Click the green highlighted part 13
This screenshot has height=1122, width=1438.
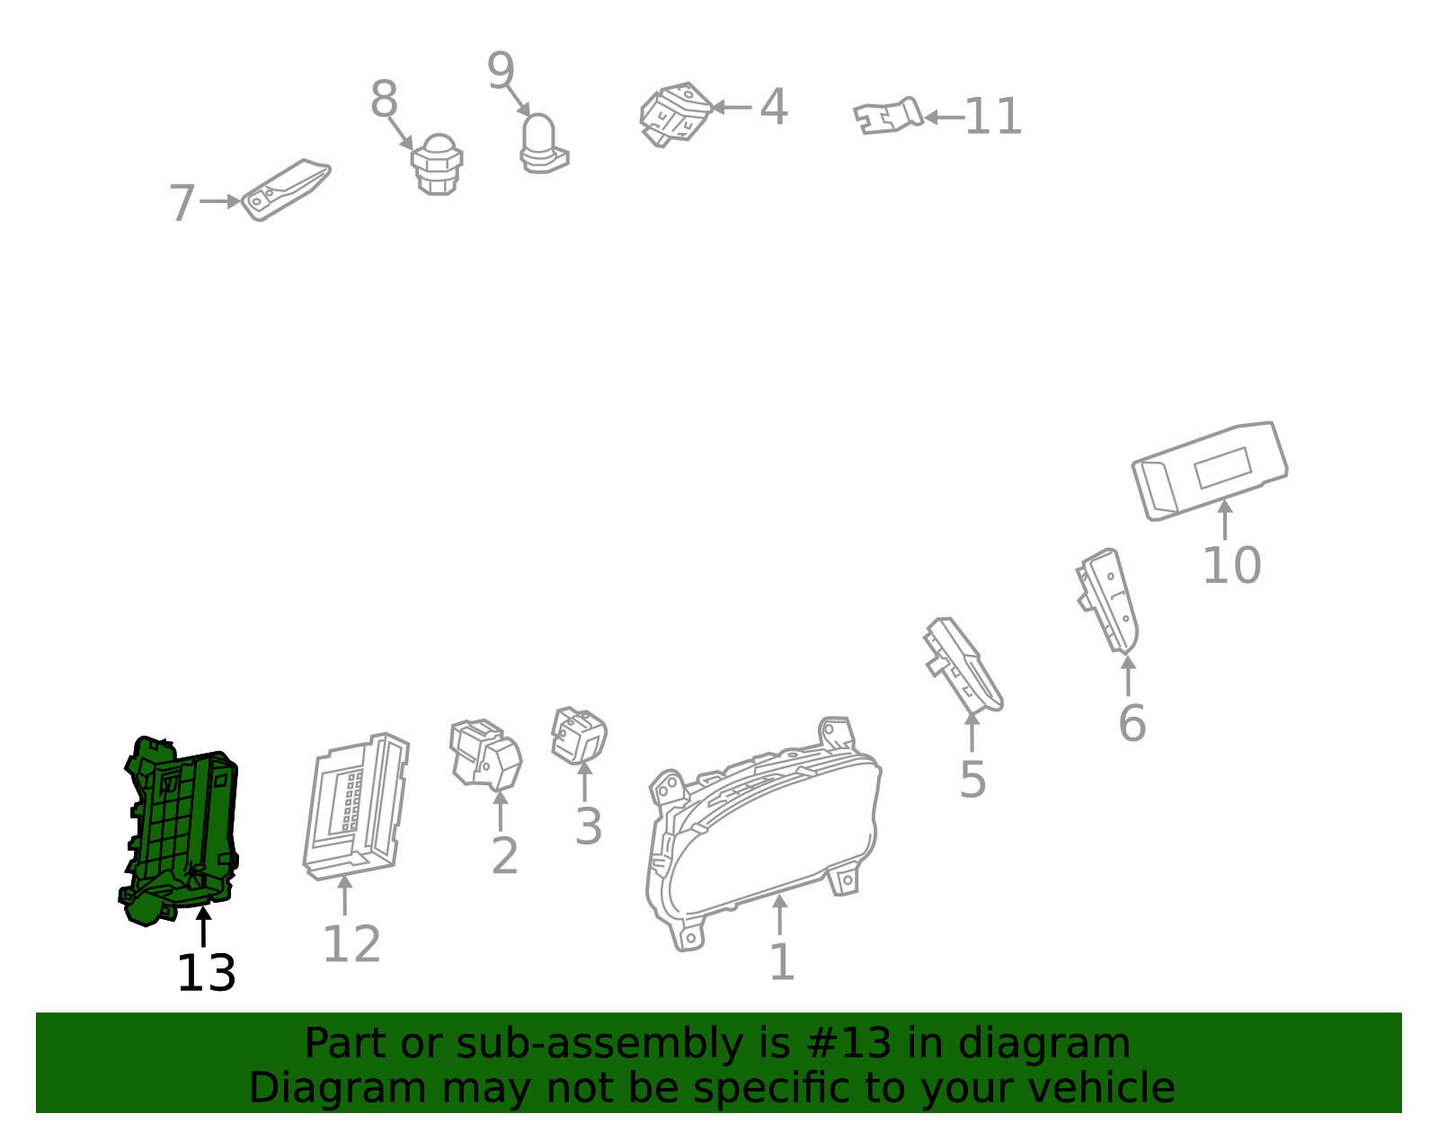pyautogui.click(x=180, y=830)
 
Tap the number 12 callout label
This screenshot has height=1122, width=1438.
pyautogui.click(x=351, y=944)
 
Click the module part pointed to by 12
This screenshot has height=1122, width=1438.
pyautogui.click(x=356, y=808)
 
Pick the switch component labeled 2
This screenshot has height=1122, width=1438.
pyautogui.click(x=485, y=755)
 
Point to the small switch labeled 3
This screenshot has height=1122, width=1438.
pyautogui.click(x=579, y=736)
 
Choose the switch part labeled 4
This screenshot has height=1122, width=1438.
pyautogui.click(x=675, y=114)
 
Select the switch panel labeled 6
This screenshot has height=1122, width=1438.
pyautogui.click(x=1108, y=601)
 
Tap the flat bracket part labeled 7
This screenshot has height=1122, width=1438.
pyautogui.click(x=285, y=190)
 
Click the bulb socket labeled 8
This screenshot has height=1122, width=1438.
pyautogui.click(x=437, y=164)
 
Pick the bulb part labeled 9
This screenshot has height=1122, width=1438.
pyautogui.click(x=543, y=144)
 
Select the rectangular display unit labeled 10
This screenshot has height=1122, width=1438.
pyautogui.click(x=1210, y=471)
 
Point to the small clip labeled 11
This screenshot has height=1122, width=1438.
pyautogui.click(x=887, y=116)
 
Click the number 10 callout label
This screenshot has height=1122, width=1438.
pyautogui.click(x=1231, y=566)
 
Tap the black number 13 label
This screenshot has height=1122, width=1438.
pyautogui.click(x=206, y=974)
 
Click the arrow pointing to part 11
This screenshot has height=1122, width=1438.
pyautogui.click(x=945, y=118)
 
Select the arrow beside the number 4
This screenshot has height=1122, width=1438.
pyautogui.click(x=732, y=107)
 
